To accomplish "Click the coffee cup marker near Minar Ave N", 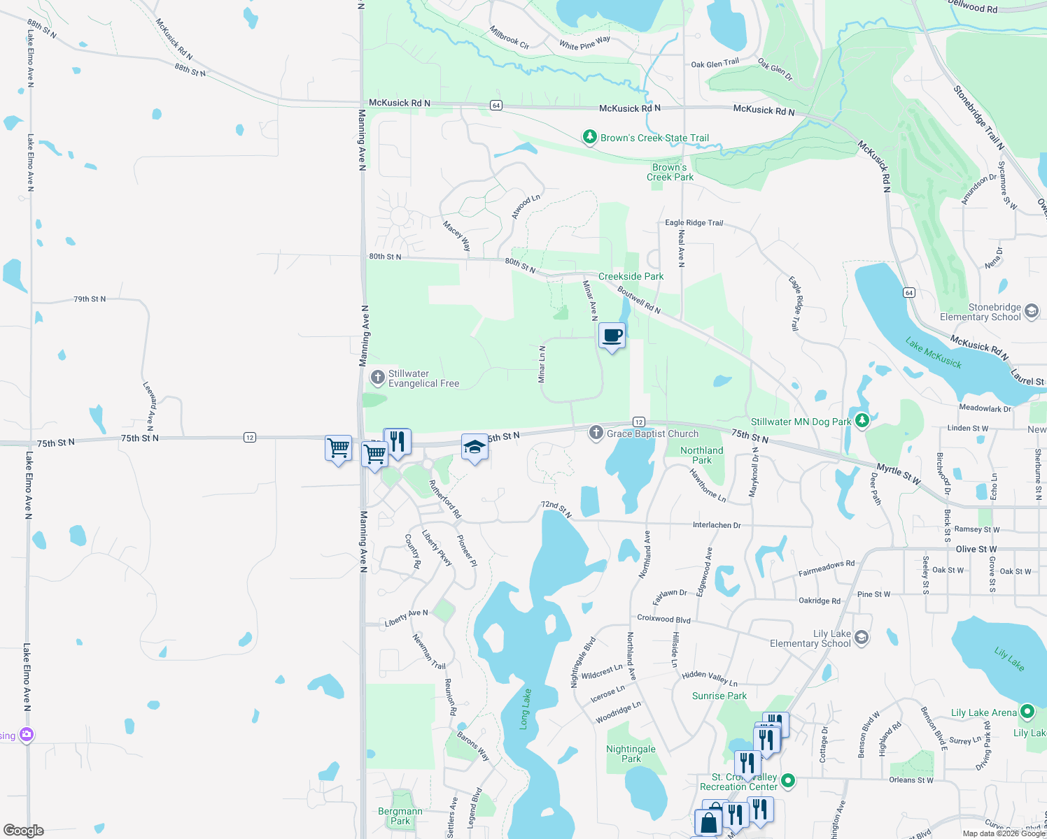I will pyautogui.click(x=612, y=336).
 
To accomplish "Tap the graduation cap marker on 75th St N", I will pyautogui.click(x=475, y=447).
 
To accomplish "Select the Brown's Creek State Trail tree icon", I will pyautogui.click(x=590, y=137).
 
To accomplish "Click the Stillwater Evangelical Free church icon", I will pyautogui.click(x=378, y=378).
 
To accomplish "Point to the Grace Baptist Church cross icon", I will pyautogui.click(x=596, y=433).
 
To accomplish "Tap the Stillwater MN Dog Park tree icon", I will pyautogui.click(x=862, y=421).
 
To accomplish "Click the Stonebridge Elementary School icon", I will pyautogui.click(x=1032, y=312).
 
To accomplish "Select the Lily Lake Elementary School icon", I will pyautogui.click(x=862, y=638).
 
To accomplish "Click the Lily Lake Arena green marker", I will pyautogui.click(x=1027, y=712).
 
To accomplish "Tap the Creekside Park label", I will pyautogui.click(x=631, y=276).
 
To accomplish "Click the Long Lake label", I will pyautogui.click(x=526, y=709).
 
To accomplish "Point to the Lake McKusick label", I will pyautogui.click(x=933, y=353).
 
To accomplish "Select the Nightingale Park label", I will pyautogui.click(x=631, y=754).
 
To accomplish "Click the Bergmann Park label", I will pyautogui.click(x=400, y=816).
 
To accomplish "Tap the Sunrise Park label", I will pyautogui.click(x=719, y=696).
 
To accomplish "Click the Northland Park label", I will pyautogui.click(x=701, y=455).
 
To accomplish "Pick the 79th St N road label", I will pyautogui.click(x=90, y=299).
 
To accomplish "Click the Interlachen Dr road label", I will pyautogui.click(x=717, y=525).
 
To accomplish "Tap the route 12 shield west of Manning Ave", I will pyautogui.click(x=250, y=438).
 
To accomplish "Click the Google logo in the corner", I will pyautogui.click(x=24, y=831).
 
